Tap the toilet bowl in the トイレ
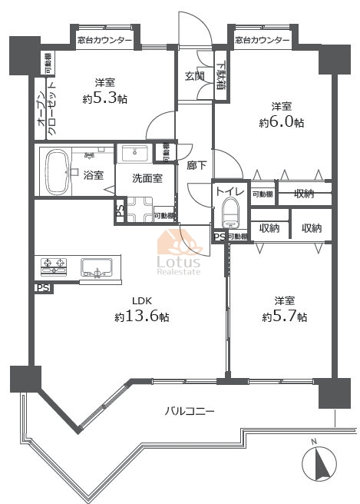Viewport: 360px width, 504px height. [x=229, y=211]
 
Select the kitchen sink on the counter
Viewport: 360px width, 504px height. [x=97, y=268]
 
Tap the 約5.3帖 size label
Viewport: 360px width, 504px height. [x=105, y=98]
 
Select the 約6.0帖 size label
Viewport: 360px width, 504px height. [x=281, y=122]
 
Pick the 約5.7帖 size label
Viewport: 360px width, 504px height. [x=282, y=317]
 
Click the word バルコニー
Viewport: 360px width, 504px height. [x=190, y=411]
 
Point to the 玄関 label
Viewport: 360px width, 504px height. [x=194, y=76]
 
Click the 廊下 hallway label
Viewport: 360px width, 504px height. [x=196, y=164]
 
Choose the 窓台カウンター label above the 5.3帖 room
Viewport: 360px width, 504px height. [x=104, y=40]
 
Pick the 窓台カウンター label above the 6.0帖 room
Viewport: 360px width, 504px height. [x=263, y=40]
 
